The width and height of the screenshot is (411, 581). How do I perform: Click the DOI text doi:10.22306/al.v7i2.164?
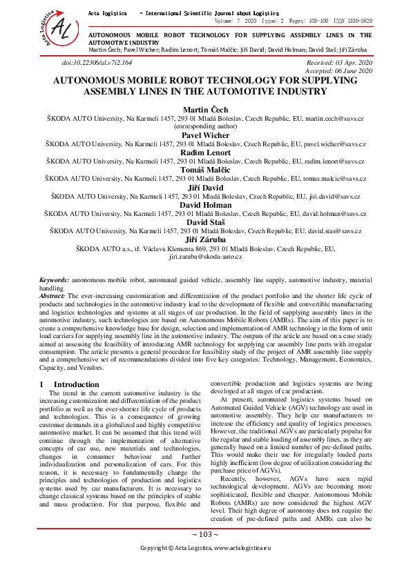pyautogui.click(x=97, y=63)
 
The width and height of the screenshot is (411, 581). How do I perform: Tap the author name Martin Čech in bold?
pyautogui.click(x=205, y=110)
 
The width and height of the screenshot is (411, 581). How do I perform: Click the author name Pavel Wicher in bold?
pyautogui.click(x=205, y=135)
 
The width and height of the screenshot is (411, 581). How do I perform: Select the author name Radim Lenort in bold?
pyautogui.click(x=205, y=152)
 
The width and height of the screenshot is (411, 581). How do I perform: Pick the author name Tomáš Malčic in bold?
pyautogui.click(x=205, y=170)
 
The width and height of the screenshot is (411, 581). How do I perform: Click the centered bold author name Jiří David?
pyautogui.click(x=205, y=187)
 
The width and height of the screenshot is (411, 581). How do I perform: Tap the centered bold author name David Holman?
pyautogui.click(x=205, y=205)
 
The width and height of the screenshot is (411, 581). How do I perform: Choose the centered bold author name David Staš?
pyautogui.click(x=205, y=222)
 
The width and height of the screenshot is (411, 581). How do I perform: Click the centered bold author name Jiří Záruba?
pyautogui.click(x=205, y=239)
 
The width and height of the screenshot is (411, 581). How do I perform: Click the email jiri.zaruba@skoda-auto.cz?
pyautogui.click(x=205, y=256)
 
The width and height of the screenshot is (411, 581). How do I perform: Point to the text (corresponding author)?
pyautogui.click(x=205, y=127)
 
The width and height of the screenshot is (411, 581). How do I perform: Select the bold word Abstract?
pyautogui.click(x=52, y=295)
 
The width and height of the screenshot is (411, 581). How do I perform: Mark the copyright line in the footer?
pyautogui.click(x=205, y=567)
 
